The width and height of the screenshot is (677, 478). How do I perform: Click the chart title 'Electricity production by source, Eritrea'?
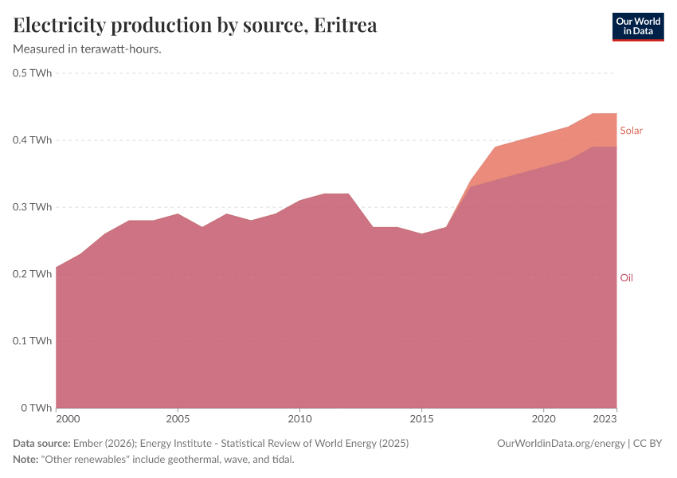coord(195,25)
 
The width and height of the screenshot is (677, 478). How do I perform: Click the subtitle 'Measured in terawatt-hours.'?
coord(88,49)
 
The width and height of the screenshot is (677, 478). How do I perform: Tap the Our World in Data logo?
coord(637,26)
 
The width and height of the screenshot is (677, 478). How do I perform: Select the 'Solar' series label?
coord(631,131)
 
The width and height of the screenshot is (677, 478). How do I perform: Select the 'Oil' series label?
coord(626,278)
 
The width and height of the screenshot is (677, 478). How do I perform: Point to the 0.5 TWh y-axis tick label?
coord(33,73)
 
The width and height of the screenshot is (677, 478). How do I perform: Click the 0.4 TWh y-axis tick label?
coord(33,140)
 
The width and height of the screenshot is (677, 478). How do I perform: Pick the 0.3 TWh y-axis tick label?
coord(33,207)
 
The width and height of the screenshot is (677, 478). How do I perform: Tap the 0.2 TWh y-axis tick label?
coord(33,274)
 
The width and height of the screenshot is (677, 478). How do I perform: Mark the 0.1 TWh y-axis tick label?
coord(33,341)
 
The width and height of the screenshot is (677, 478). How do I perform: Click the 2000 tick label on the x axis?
coord(68,419)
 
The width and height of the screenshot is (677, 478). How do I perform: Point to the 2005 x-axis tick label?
coord(178,419)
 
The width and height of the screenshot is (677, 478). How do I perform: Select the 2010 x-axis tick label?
coord(299,419)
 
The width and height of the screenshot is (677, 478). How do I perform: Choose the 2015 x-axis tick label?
coord(421,419)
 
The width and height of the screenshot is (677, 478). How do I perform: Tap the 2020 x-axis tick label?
coord(543,419)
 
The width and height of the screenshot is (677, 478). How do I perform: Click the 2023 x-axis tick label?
coord(605,419)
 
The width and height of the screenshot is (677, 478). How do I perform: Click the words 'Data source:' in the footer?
coord(41,443)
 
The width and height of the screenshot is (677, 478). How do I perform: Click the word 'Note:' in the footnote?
coord(28,460)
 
